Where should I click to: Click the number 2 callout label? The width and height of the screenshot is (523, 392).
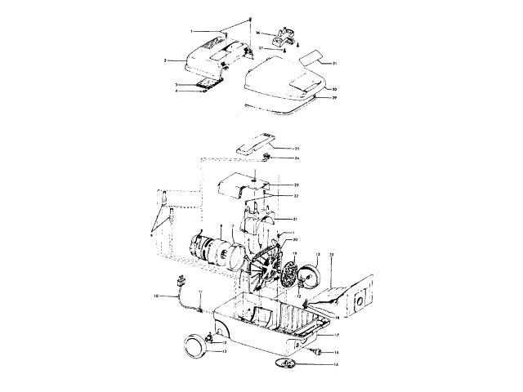pyautogui.click(x=164, y=60)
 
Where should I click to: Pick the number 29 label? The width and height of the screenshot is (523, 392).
pyautogui.click(x=333, y=97)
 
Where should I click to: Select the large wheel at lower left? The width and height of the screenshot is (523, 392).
pyautogui.click(x=197, y=345)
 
